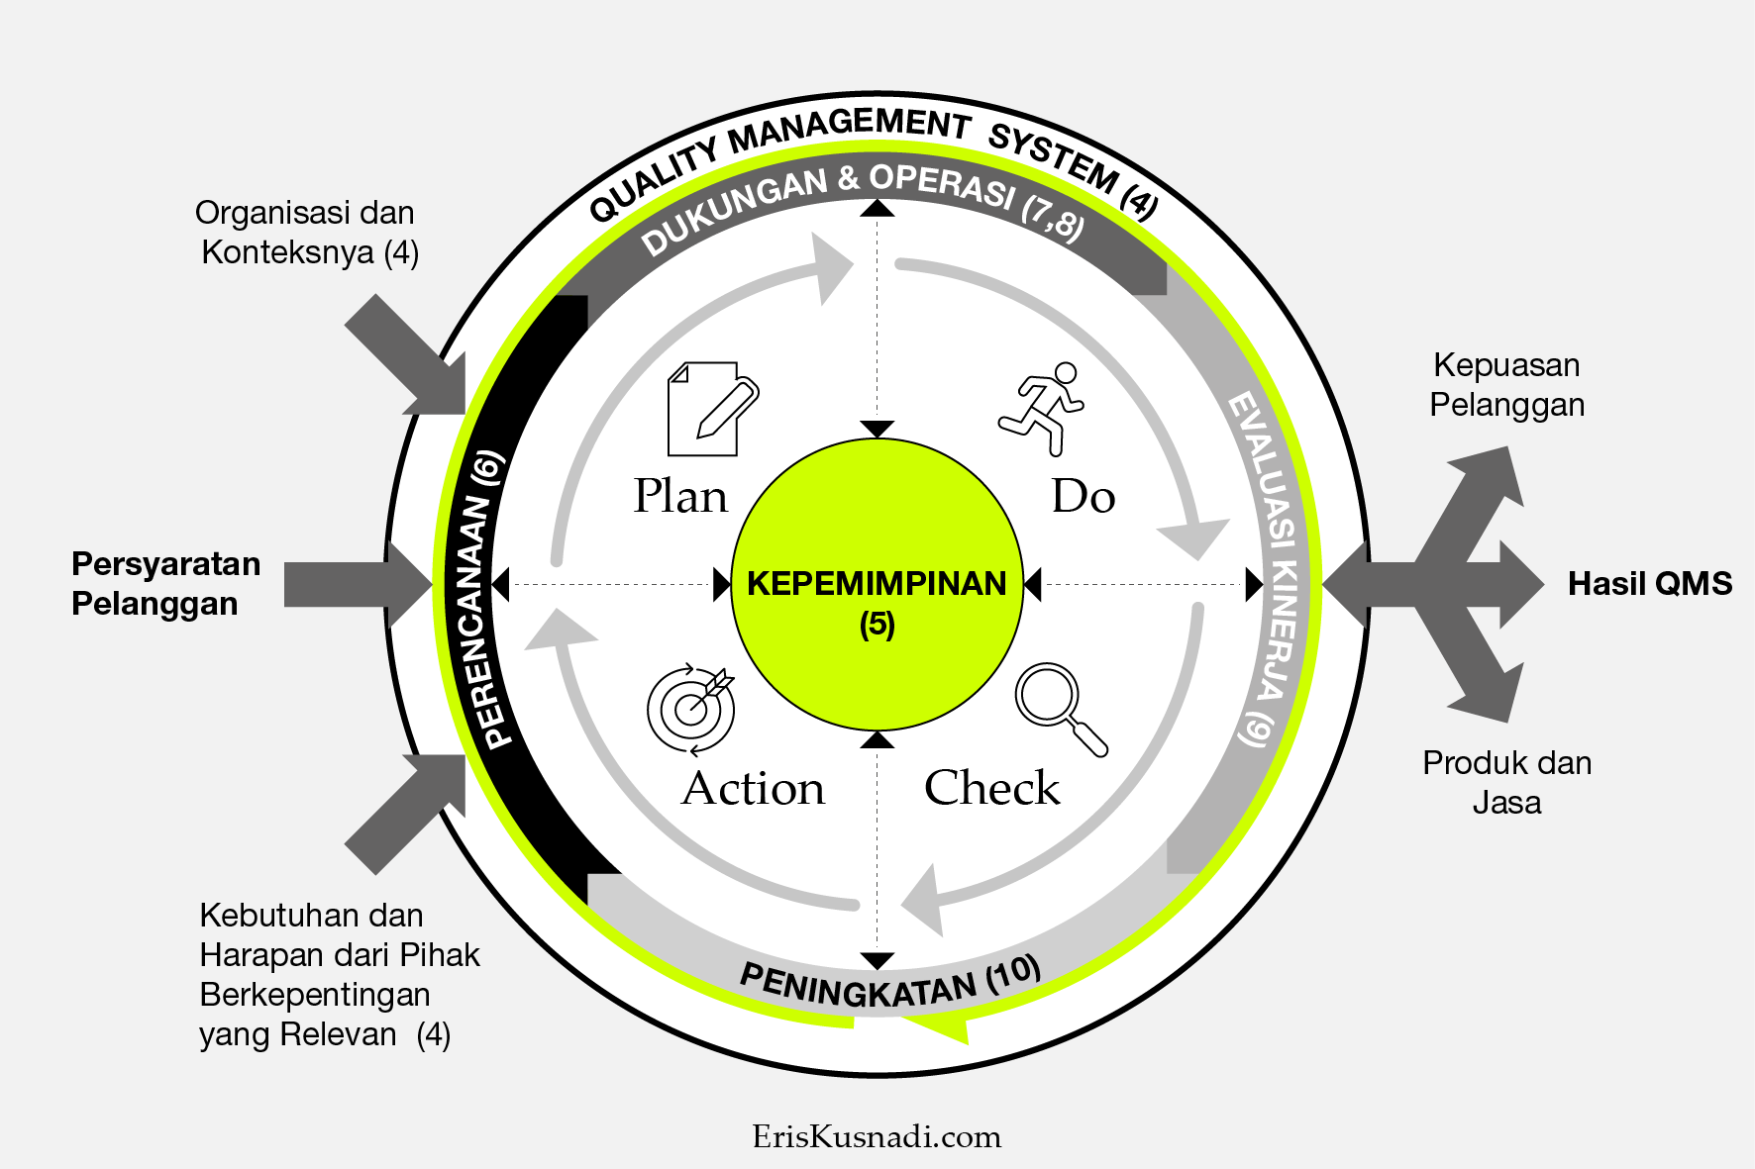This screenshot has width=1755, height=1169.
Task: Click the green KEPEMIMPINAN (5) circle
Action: pos(877,584)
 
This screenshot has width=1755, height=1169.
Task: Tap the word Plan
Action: pos(680,496)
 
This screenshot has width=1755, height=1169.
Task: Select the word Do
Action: pos(1084,496)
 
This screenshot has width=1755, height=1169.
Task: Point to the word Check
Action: pos(991,788)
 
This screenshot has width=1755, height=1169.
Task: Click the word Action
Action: pos(753,788)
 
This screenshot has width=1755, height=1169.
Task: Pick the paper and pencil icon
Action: pos(710,409)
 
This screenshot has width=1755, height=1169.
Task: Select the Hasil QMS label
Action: pos(1650,584)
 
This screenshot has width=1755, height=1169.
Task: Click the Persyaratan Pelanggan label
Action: pos(165,584)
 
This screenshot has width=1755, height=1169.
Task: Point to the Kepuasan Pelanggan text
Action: pos(1506,385)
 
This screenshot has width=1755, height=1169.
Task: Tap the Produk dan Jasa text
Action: pos(1506,782)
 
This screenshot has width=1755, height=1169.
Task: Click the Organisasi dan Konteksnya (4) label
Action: pos(308,233)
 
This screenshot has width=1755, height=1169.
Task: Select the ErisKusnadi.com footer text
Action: pos(877,1136)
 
